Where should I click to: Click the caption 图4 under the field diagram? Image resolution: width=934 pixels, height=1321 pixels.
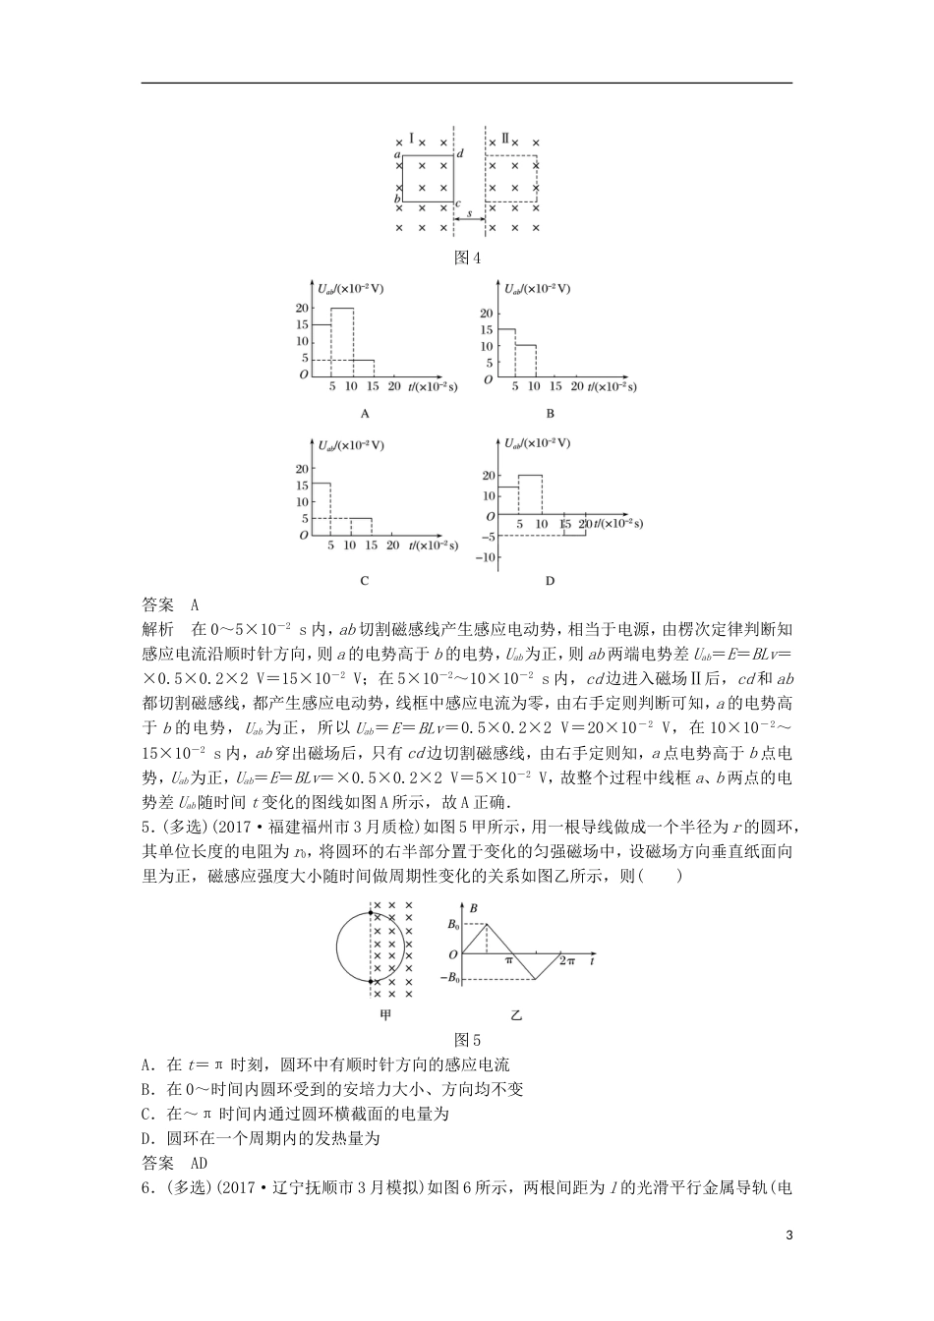[x=467, y=258]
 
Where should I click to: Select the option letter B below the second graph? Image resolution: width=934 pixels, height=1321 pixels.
[x=551, y=413]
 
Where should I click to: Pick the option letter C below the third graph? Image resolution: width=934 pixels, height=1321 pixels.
[x=364, y=580]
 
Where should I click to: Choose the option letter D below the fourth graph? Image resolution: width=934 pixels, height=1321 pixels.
[x=551, y=580]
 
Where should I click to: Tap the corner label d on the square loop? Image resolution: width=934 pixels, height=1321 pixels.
[x=459, y=153]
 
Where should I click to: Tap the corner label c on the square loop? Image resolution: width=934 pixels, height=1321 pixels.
[x=458, y=203]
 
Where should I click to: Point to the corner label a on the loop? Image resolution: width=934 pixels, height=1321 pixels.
[x=396, y=155]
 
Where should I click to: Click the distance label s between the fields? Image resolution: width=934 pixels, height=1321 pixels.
[x=469, y=212]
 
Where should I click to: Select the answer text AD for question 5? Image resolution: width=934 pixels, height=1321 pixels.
[x=198, y=1164]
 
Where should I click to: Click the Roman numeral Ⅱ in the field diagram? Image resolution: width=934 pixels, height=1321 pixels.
[x=505, y=139]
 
